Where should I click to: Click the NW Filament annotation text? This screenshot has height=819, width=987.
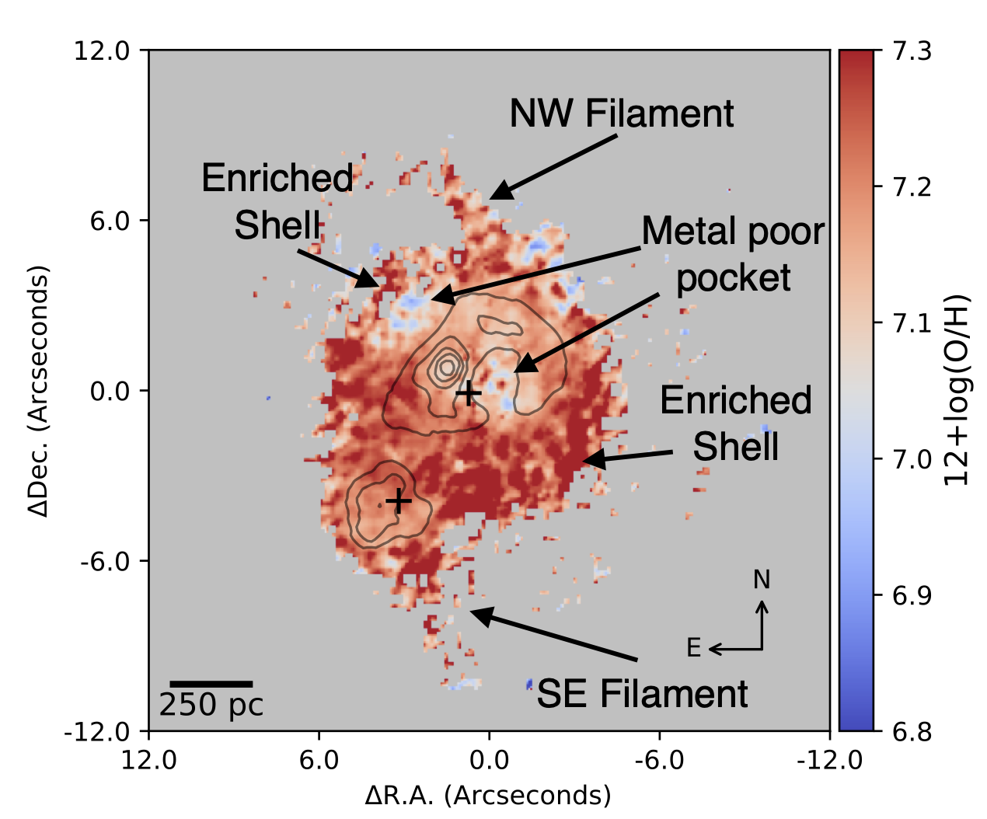[621, 114]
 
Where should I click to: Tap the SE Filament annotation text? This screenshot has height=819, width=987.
[642, 694]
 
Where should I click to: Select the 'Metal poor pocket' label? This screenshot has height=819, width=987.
[733, 255]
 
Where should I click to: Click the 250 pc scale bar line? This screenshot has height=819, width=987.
[211, 684]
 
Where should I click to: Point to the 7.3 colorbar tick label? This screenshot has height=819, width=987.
[912, 51]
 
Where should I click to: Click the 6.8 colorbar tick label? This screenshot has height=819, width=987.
[912, 731]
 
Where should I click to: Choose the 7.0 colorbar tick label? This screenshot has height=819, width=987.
[912, 459]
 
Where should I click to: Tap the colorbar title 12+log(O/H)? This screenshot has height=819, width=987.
[957, 391]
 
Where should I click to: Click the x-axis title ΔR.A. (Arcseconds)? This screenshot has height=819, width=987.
[488, 796]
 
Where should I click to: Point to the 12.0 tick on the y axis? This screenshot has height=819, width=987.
[101, 51]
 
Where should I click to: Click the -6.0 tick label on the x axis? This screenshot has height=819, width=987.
[659, 759]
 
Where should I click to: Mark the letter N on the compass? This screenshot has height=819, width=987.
[762, 580]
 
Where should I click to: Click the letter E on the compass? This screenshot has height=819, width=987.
[694, 647]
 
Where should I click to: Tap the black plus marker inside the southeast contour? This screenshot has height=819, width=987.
[398, 500]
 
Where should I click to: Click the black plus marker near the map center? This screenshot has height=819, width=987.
[468, 394]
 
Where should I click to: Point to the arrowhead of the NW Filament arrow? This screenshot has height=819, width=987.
[495, 195]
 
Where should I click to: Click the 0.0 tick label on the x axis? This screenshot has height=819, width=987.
[490, 759]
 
